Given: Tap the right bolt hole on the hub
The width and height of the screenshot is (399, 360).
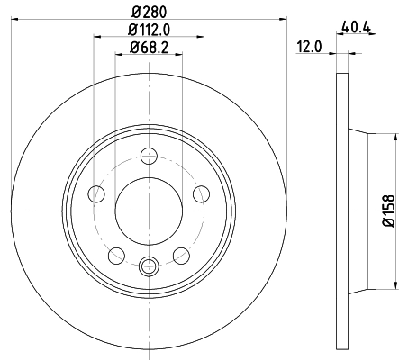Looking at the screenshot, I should (x=202, y=193).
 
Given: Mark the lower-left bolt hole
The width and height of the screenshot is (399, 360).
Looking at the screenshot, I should (x=116, y=256).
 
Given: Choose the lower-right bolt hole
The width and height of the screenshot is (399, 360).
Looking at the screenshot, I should (x=182, y=256).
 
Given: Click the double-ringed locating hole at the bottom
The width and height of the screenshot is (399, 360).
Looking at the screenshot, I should (x=150, y=265).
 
